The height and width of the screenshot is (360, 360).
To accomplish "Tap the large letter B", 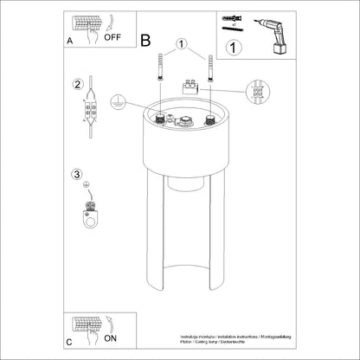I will tap(145, 40).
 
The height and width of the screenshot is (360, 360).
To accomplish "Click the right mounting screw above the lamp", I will tap(209, 70).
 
